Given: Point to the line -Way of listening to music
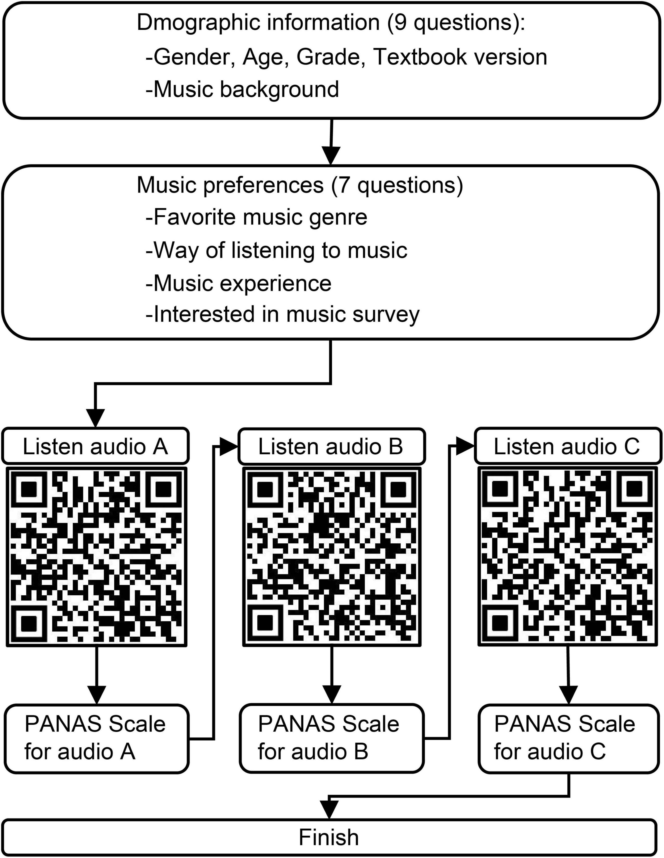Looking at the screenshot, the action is tap(276, 250).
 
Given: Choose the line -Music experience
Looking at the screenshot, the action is tap(239, 283).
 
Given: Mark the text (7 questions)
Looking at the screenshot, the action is tap(397, 185).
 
